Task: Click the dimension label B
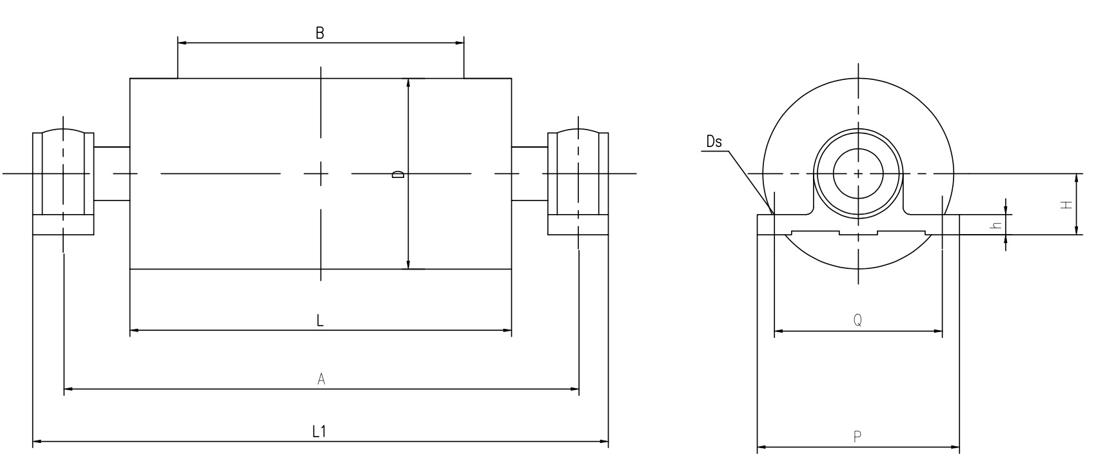(x=320, y=33)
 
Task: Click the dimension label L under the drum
(x=320, y=320)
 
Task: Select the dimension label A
(x=321, y=379)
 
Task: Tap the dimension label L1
(x=319, y=431)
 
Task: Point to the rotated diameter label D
(x=398, y=174)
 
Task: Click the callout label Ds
(x=714, y=142)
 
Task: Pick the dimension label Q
(x=857, y=320)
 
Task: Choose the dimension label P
(x=857, y=437)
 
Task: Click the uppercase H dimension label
(x=1066, y=205)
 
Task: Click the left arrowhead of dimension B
(x=182, y=43)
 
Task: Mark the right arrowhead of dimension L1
(x=604, y=442)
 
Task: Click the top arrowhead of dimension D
(x=408, y=83)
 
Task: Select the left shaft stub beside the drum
(x=112, y=173)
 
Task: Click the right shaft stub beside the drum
(x=529, y=173)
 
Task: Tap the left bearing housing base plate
(x=63, y=225)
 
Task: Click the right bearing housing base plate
(x=578, y=225)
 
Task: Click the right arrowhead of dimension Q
(x=937, y=331)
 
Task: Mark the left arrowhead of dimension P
(x=762, y=447)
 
